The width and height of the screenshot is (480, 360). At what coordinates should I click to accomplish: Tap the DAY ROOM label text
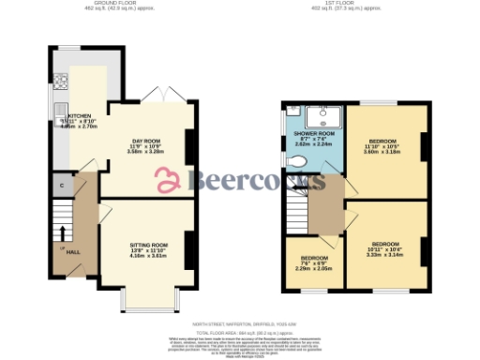click(146, 141)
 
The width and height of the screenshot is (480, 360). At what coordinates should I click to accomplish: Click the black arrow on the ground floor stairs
click(63, 232)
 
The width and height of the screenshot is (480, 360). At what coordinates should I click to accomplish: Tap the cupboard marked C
click(62, 185)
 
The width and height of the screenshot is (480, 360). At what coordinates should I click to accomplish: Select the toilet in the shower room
click(296, 162)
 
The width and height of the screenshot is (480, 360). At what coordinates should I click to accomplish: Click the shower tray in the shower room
click(328, 115)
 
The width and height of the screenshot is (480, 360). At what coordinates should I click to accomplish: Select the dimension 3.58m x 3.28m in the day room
click(146, 151)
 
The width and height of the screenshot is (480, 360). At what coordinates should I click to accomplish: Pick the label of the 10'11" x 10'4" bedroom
click(384, 243)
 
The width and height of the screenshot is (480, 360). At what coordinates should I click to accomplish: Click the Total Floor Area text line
click(240, 332)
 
